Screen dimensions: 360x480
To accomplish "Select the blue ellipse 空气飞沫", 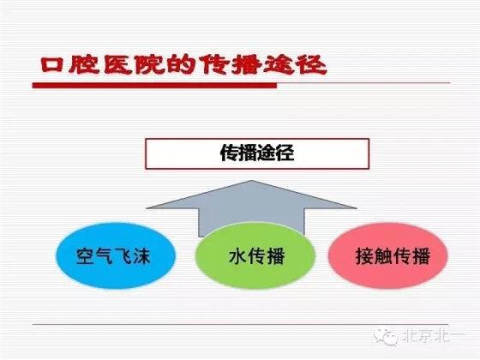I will [111, 255].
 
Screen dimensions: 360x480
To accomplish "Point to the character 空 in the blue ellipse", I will [85, 255].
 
